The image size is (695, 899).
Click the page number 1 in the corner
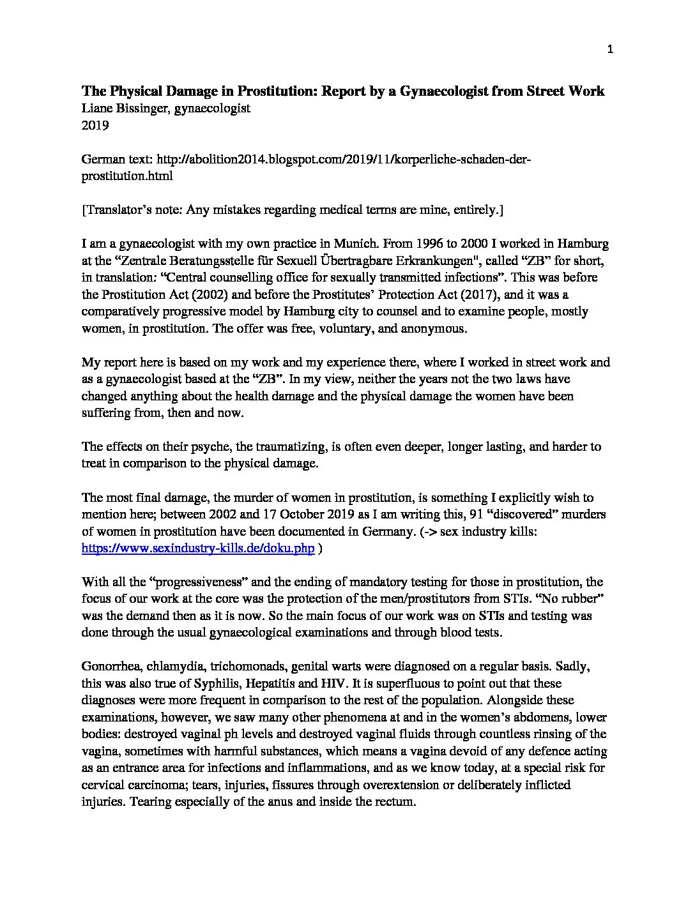(x=610, y=50)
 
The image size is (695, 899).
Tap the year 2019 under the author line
(x=95, y=125)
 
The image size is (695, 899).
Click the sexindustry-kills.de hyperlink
(x=198, y=548)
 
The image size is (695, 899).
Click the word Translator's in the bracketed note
(x=119, y=209)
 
